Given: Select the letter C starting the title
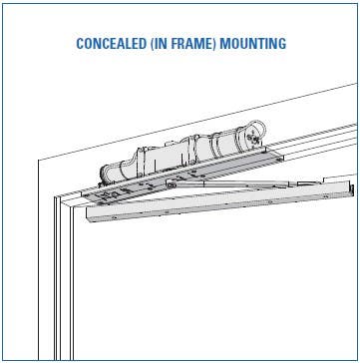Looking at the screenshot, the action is pyautogui.click(x=80, y=44).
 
